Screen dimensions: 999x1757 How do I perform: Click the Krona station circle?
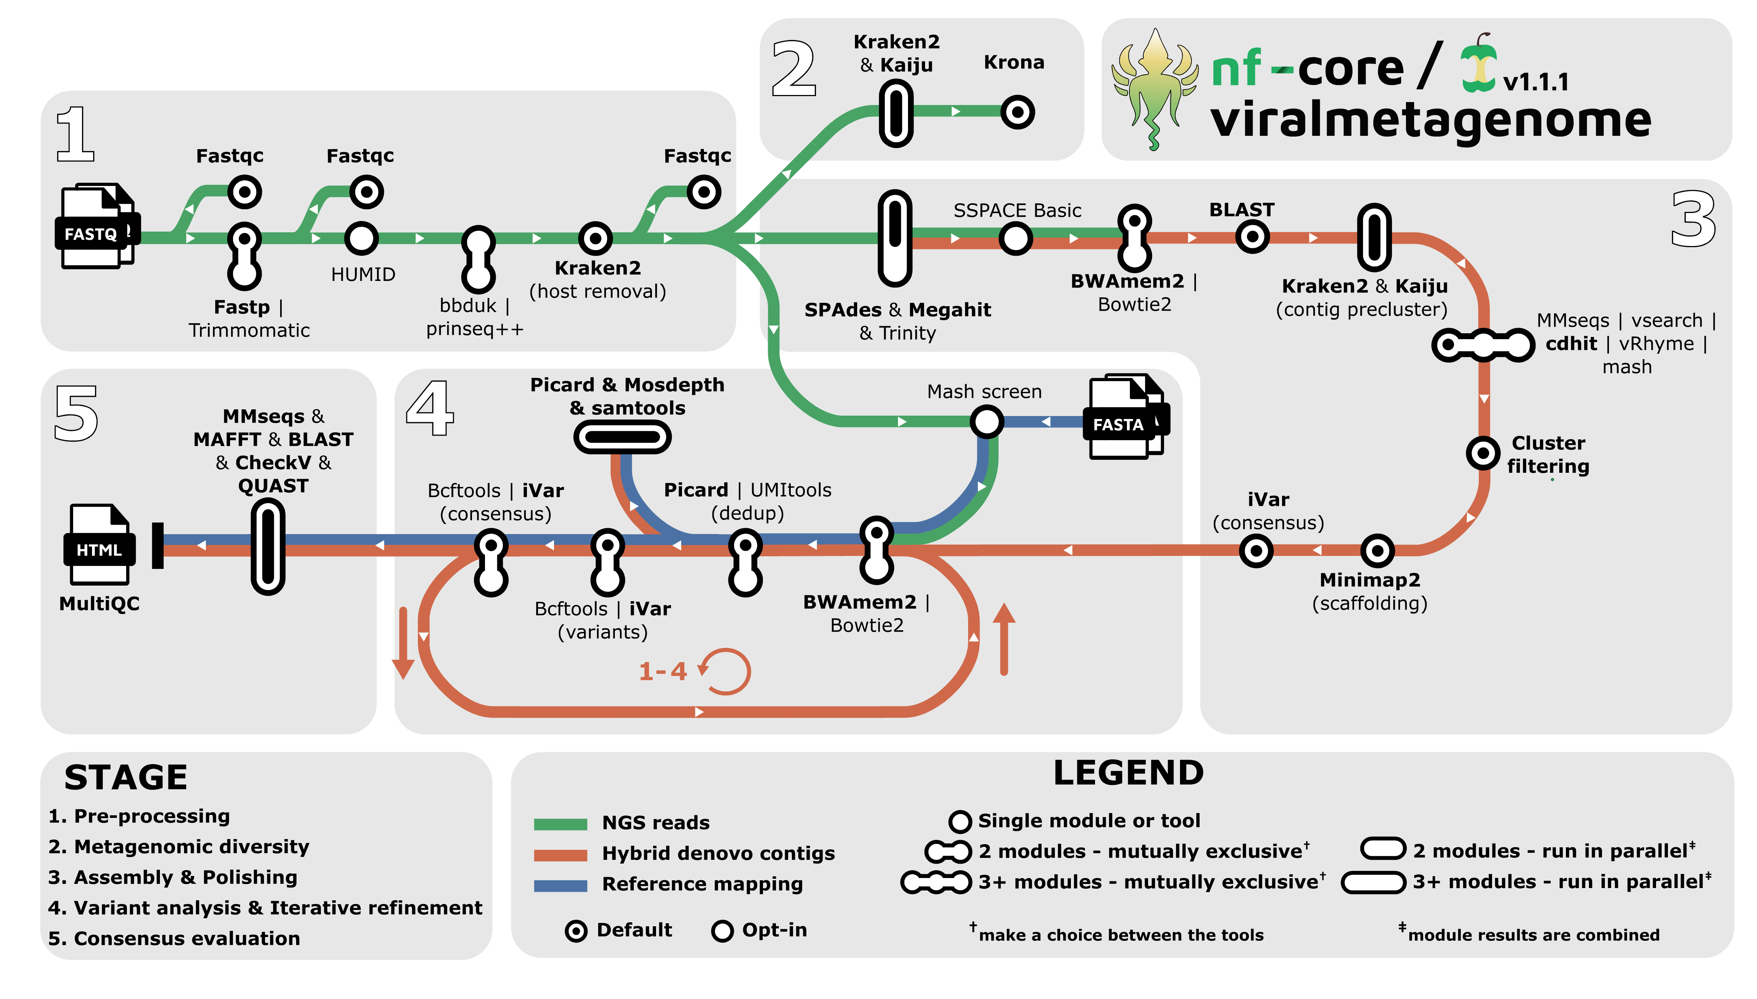(x=1017, y=112)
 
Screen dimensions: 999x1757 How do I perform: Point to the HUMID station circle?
(x=361, y=238)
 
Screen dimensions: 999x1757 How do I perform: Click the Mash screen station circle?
(x=986, y=421)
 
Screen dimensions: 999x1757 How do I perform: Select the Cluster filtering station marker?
(x=1482, y=453)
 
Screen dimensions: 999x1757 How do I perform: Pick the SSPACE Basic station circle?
(x=1015, y=238)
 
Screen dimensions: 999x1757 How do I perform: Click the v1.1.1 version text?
(x=1535, y=82)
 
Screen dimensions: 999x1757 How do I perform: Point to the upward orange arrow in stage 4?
(x=1004, y=638)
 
